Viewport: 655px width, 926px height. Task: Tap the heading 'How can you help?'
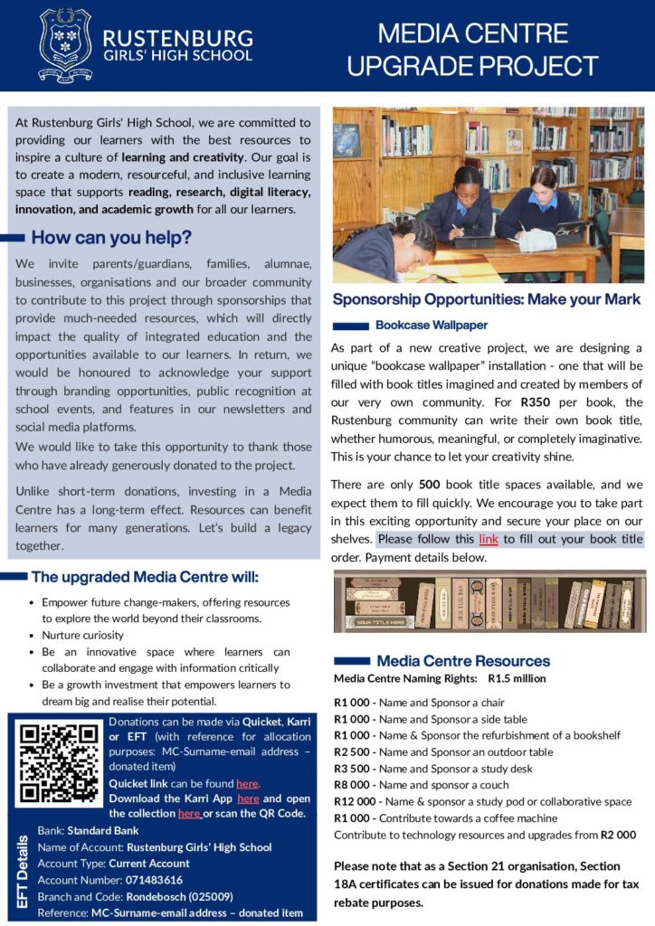(111, 239)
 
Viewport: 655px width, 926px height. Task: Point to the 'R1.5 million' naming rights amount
(517, 678)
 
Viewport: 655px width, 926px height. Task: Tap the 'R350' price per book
(536, 402)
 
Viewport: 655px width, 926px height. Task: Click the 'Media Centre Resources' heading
(463, 661)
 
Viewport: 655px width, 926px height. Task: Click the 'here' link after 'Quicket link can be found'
(247, 783)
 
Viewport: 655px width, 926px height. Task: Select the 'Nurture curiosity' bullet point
(82, 635)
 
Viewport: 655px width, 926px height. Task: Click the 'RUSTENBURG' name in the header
(178, 38)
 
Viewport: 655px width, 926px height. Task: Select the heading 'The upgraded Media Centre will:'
(145, 577)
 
